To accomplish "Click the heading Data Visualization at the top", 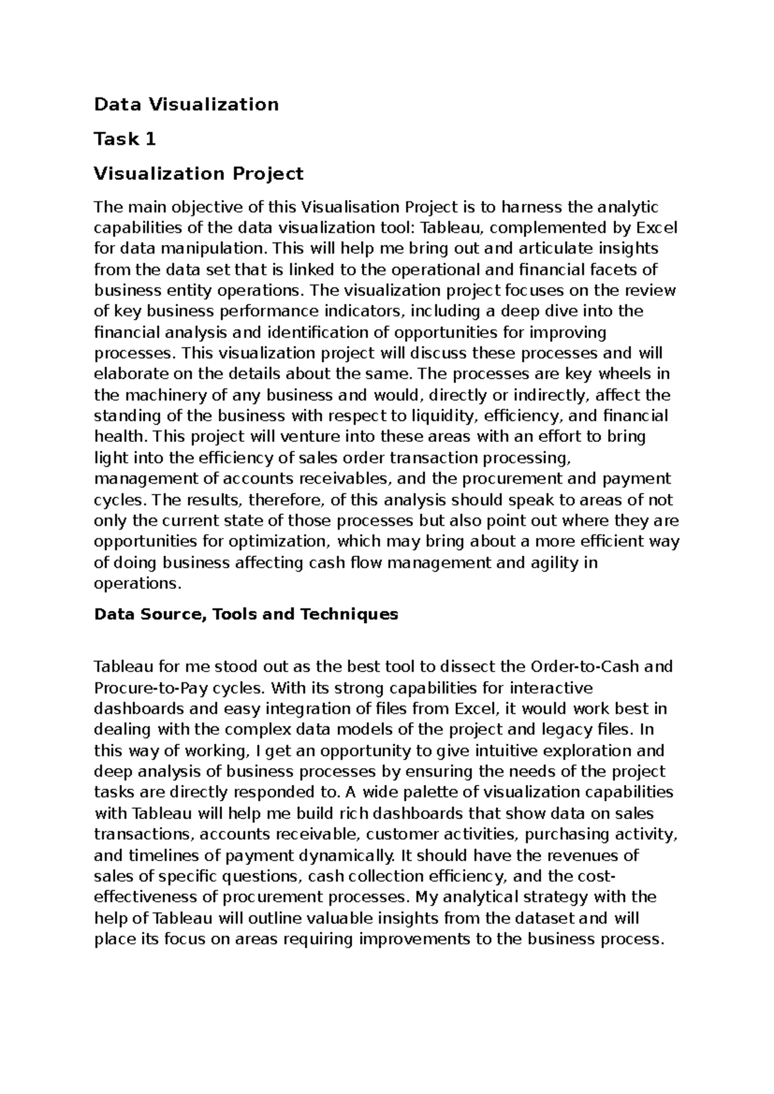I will [186, 104].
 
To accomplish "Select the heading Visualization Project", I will [199, 174].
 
